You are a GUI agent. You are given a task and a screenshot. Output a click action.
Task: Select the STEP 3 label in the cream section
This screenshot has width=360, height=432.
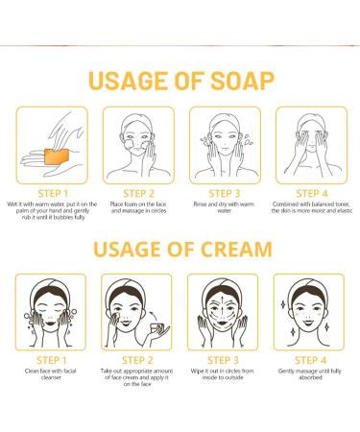pyautogui.click(x=223, y=362)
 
